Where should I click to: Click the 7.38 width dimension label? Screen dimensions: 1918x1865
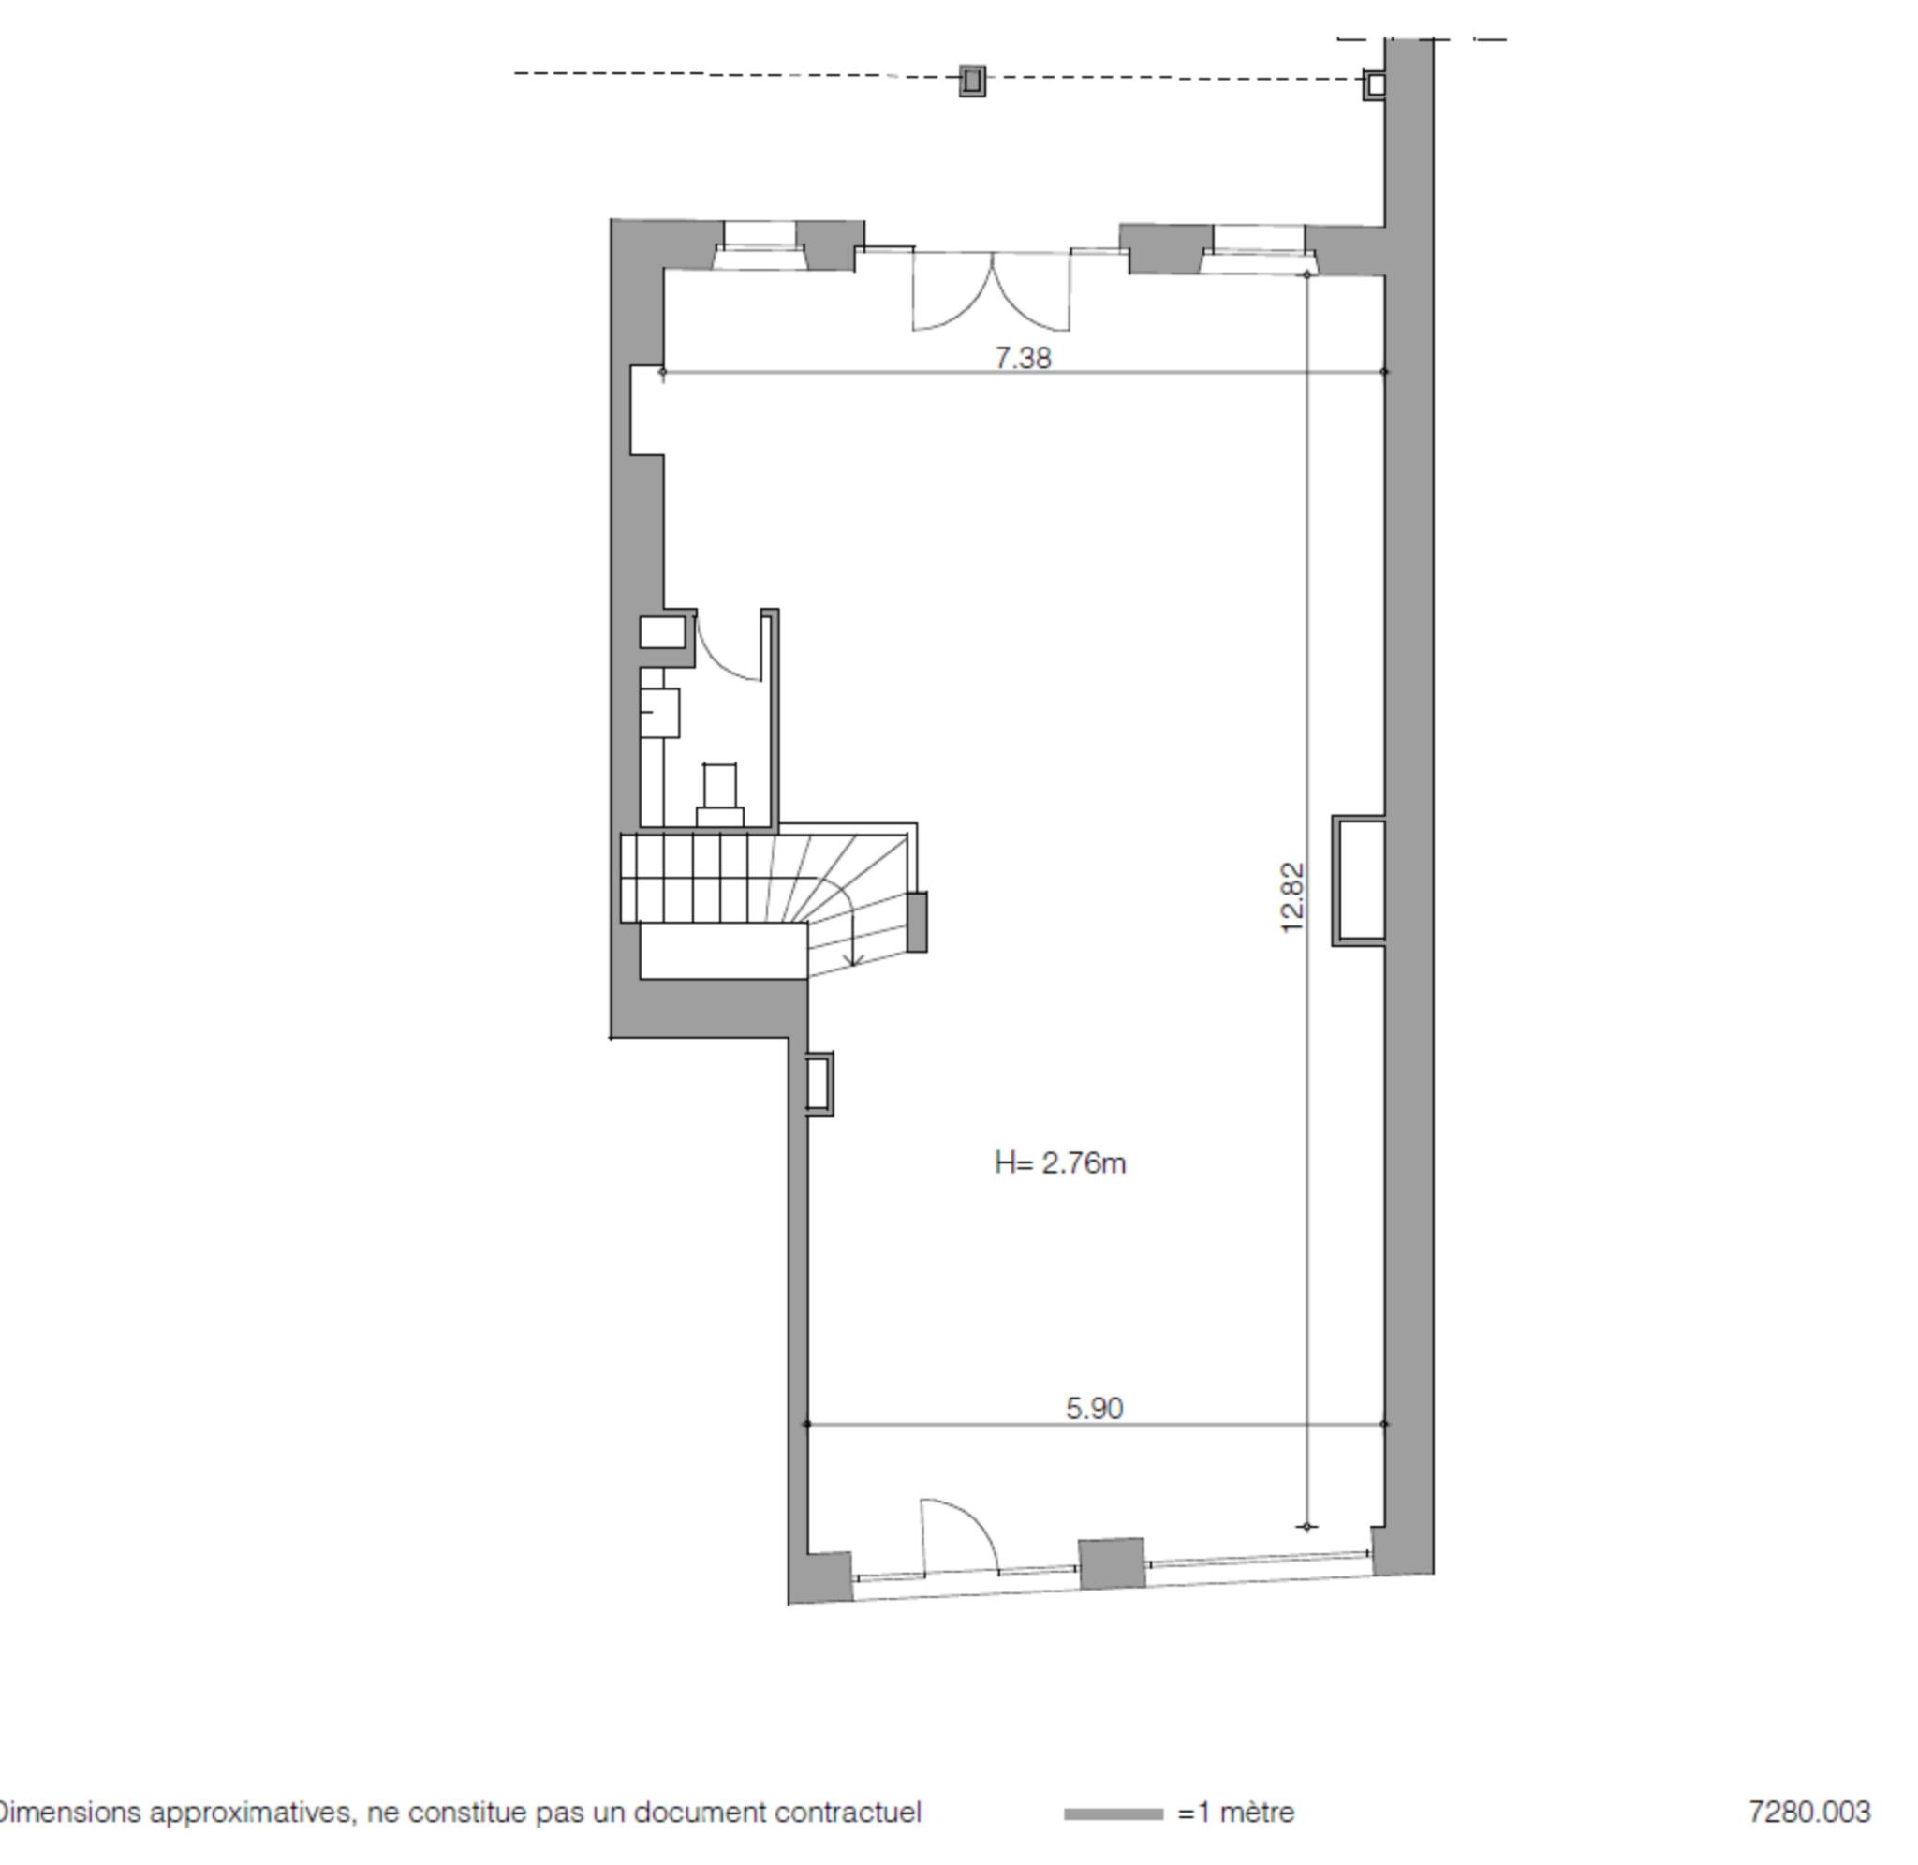pos(1023,358)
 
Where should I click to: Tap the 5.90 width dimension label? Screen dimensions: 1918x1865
pos(1094,1408)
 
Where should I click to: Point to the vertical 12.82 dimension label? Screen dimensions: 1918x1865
pos(1292,897)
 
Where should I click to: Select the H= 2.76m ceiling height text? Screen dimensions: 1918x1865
pos(1059,1162)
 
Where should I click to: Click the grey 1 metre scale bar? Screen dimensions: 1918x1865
pos(1114,1813)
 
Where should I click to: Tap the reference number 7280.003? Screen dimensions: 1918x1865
pos(1809,1813)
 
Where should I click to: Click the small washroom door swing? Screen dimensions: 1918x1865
pos(729,646)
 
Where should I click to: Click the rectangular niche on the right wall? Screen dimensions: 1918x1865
pos(1359,880)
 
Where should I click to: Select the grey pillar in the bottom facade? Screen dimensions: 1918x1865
pos(1112,1563)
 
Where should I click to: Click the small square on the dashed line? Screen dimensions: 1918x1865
pos(971,81)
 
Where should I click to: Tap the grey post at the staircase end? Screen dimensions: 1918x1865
pos(917,922)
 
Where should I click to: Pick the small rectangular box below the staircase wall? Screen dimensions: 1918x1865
pos(819,1084)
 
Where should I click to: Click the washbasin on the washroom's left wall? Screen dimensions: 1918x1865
pos(660,712)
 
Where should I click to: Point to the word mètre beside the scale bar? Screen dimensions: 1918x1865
pos(1256,1813)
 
